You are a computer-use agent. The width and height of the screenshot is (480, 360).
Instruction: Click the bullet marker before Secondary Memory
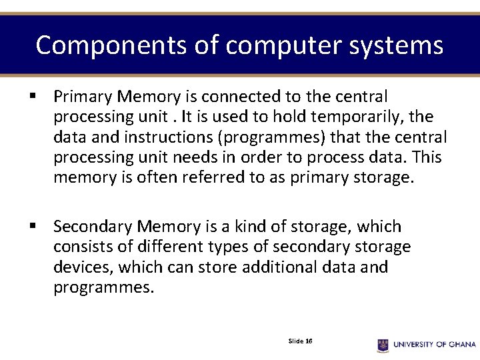point(32,227)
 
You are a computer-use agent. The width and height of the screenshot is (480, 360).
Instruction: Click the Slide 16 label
point(301,341)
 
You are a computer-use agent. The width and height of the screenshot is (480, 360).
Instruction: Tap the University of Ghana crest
point(383,345)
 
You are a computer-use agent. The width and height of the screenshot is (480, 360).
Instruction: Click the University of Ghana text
point(434,345)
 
